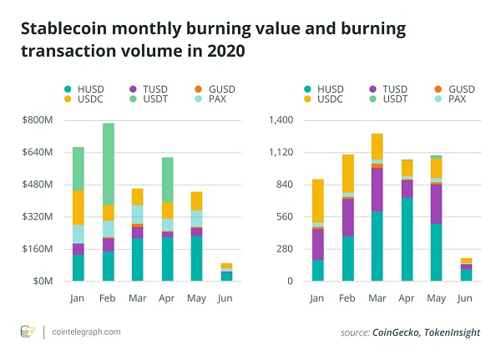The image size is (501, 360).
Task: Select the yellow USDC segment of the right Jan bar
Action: pyautogui.click(x=317, y=200)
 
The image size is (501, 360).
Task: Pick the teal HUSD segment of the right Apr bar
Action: pyautogui.click(x=407, y=239)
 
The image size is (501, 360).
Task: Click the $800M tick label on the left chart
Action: pyautogui.click(x=37, y=120)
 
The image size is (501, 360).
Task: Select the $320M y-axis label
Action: pyautogui.click(x=37, y=216)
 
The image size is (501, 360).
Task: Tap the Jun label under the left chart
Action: pyautogui.click(x=226, y=297)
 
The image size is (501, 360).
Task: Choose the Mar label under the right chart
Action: pyautogui.click(x=377, y=297)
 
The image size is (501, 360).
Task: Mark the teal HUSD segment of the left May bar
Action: pyautogui.click(x=195, y=258)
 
